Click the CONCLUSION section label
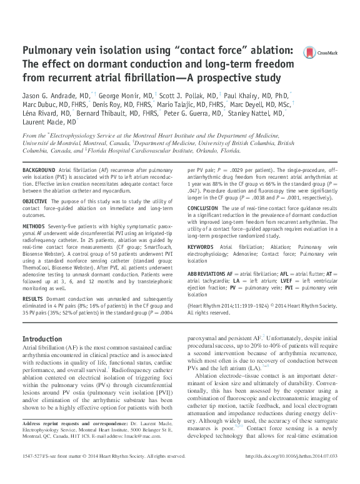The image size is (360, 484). point(204,208)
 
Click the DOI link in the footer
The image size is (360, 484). point(292,473)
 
